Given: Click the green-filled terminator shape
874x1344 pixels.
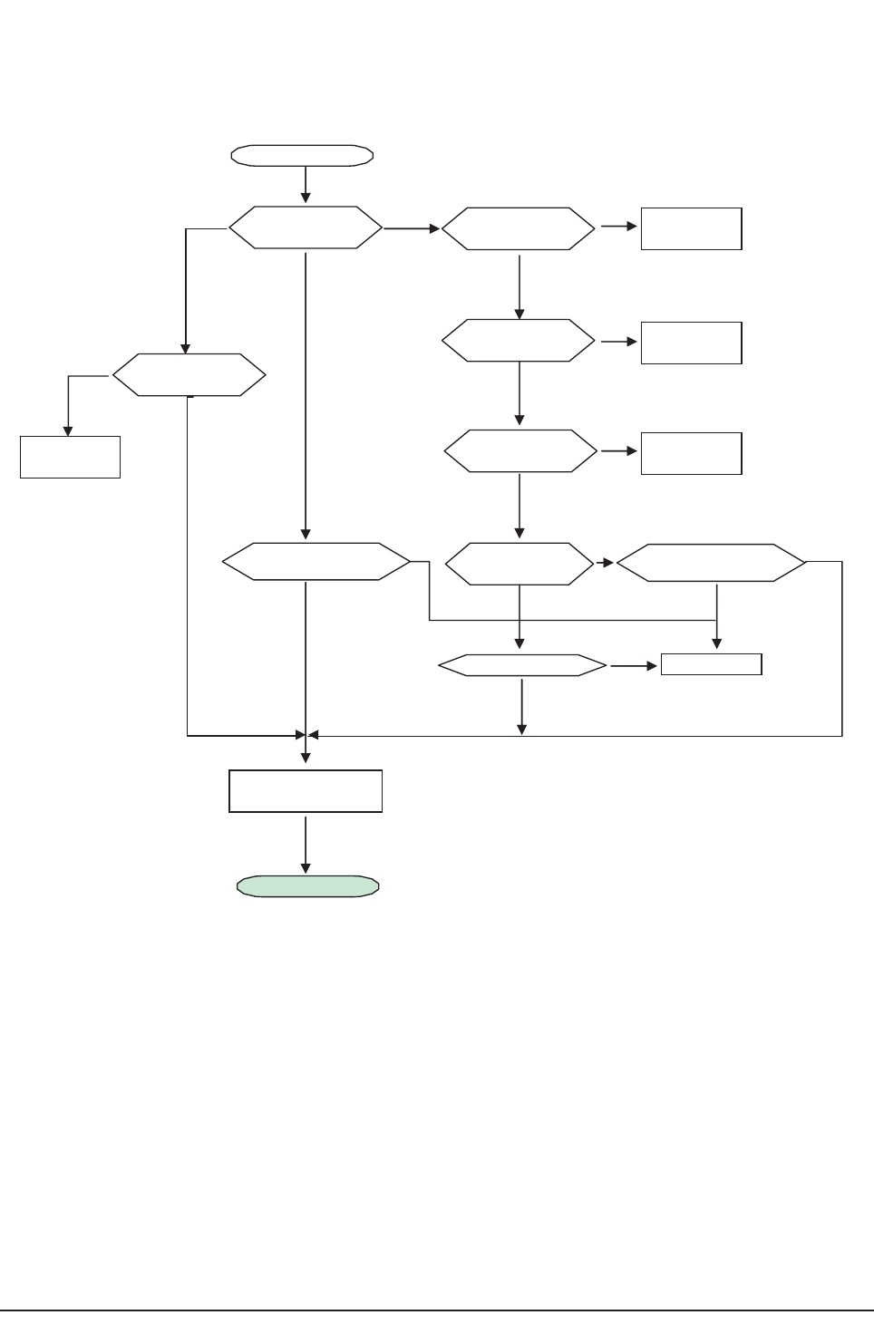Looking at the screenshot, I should point(307,886).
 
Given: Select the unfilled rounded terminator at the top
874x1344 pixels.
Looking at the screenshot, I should point(302,155).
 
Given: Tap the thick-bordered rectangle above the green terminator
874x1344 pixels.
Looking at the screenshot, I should point(306,791).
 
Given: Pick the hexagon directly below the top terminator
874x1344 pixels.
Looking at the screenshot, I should point(306,227).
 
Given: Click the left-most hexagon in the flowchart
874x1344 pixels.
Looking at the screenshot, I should point(189,374).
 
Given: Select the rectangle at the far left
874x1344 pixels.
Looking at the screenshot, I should point(70,457).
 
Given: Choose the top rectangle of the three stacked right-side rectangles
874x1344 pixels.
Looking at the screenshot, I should point(691,228).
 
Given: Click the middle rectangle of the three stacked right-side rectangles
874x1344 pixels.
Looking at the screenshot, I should point(691,343).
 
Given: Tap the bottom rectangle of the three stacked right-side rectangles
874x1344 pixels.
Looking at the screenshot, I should point(691,453).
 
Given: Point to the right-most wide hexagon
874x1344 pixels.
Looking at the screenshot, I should point(711,563).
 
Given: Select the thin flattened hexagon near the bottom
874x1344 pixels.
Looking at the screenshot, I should point(522,666).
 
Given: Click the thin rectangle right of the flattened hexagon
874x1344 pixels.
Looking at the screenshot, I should point(711,664).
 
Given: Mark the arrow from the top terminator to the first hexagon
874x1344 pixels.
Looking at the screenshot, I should point(306,186).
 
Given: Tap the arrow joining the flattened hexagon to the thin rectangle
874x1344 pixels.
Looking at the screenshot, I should point(633,666).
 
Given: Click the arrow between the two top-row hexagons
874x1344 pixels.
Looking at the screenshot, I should point(412,228).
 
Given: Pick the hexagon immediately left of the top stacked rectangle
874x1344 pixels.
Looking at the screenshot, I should point(519,229).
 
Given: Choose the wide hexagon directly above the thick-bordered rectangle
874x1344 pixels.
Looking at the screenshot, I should point(316,563).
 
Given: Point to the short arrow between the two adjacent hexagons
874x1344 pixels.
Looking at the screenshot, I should point(605,563).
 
